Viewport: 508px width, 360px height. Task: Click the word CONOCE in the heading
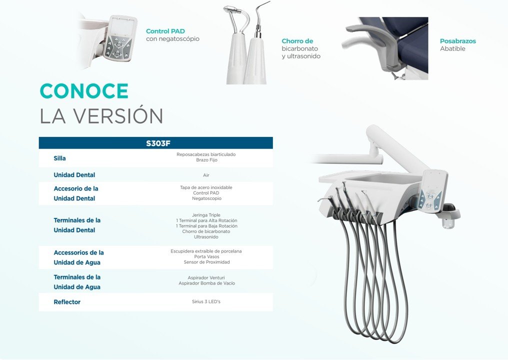click(84, 90)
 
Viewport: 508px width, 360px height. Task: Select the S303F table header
click(158, 143)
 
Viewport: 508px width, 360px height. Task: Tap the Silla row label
click(59, 158)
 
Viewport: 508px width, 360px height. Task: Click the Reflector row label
click(66, 302)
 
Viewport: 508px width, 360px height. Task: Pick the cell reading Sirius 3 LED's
click(206, 301)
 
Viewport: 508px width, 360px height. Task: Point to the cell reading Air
click(206, 175)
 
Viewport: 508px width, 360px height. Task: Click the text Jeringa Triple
click(206, 215)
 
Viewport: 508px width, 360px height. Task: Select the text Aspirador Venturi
click(206, 277)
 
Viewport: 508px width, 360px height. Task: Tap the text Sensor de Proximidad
click(206, 262)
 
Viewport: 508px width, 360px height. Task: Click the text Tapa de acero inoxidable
click(206, 187)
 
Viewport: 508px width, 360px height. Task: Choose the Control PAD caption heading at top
click(165, 31)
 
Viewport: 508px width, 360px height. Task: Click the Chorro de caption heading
click(297, 41)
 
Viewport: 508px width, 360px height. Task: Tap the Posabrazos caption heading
click(458, 41)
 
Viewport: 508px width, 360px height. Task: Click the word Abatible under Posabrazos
click(452, 48)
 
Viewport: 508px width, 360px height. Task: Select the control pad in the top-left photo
click(119, 39)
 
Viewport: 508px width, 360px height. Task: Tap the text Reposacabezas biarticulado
click(206, 154)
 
